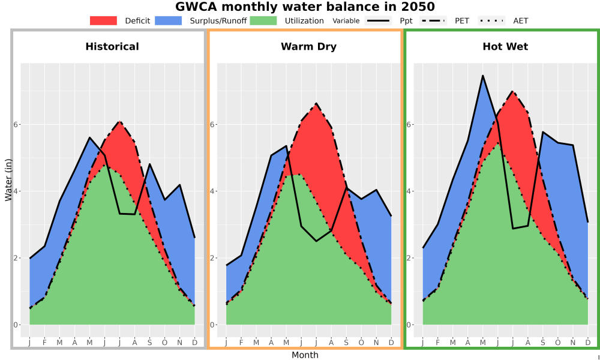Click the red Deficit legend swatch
[x=103, y=20]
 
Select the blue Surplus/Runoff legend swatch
[x=169, y=20]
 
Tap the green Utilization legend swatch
[x=263, y=20]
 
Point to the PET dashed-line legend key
[x=433, y=20]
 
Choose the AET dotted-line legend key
[x=491, y=20]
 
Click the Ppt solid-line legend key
[x=378, y=20]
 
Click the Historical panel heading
[x=112, y=47]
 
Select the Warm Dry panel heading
[x=309, y=47]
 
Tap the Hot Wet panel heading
[x=505, y=47]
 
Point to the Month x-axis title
[x=305, y=355]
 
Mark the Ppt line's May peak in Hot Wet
[x=483, y=76]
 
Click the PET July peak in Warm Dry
[x=316, y=103]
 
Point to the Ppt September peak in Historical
[x=149, y=164]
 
